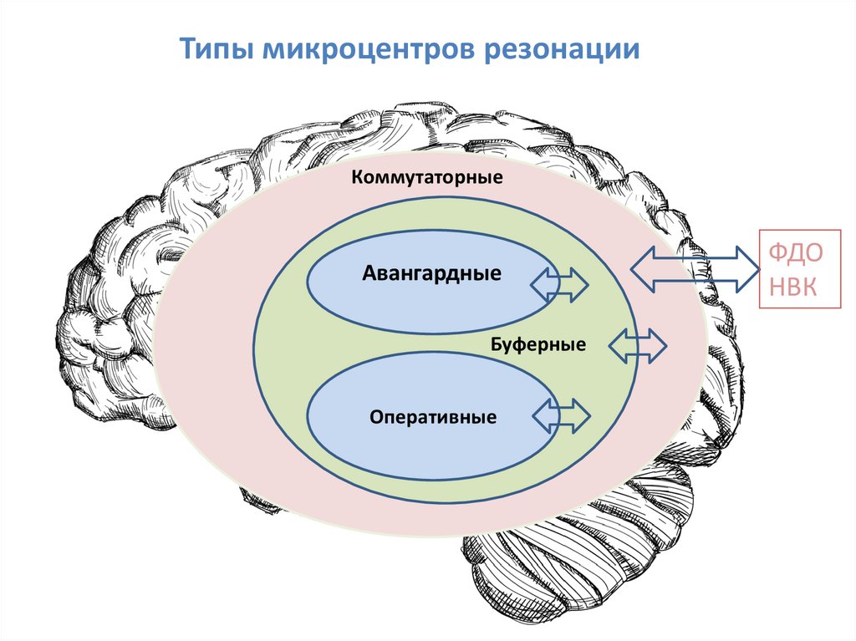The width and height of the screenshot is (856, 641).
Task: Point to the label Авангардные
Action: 432,273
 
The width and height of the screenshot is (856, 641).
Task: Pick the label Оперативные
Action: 434,416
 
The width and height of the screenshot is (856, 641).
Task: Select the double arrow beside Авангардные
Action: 560,284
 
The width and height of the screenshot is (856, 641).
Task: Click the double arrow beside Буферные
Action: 638,346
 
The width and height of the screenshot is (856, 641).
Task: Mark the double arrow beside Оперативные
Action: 561,415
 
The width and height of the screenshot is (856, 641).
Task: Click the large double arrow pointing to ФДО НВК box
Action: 695,268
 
